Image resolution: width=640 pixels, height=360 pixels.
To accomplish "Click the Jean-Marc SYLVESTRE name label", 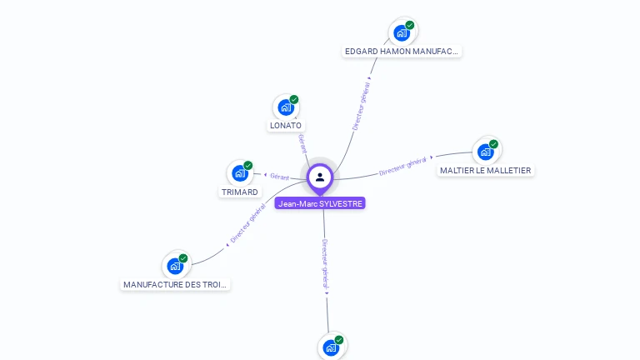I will (x=320, y=203).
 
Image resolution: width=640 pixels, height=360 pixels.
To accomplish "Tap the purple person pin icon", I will (x=320, y=177).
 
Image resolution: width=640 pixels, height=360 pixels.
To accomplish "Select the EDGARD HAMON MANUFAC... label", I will (x=402, y=52).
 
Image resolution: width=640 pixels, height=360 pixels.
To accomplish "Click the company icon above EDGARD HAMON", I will (x=402, y=33).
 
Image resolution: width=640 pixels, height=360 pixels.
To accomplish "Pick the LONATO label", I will (x=286, y=126).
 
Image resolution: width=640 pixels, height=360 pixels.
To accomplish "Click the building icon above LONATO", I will (x=286, y=107).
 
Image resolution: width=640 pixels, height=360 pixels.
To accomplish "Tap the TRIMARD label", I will (x=239, y=192).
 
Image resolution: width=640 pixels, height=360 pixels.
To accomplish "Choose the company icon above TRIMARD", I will (x=240, y=173).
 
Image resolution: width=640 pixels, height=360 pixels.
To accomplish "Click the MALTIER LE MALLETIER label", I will (x=485, y=171).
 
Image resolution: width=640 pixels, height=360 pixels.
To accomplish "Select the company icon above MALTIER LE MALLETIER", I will (x=486, y=152).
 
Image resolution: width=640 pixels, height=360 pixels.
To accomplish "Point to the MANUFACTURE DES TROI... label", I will (x=175, y=285).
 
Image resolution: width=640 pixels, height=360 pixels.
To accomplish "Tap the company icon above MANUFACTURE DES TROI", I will (x=175, y=266).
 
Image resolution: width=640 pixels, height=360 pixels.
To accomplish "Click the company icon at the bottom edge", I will (x=331, y=347).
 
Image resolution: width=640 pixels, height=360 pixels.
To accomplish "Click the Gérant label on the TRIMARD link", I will (x=279, y=177).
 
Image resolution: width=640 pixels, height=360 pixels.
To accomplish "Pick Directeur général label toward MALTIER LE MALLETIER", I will (x=403, y=166).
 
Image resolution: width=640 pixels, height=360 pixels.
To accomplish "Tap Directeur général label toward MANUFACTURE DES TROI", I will (x=247, y=225).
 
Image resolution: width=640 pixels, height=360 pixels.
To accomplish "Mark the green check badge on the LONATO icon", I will (x=294, y=99).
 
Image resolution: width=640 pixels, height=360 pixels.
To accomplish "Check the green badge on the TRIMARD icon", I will (x=248, y=165).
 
